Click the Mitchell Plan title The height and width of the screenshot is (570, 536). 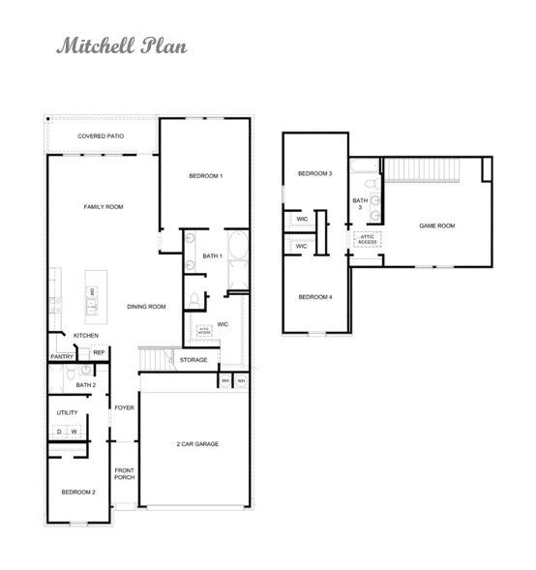[x=120, y=45]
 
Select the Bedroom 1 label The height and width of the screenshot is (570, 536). [x=206, y=175]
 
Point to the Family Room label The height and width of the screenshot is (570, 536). [x=104, y=206]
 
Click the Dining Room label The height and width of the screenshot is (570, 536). [x=147, y=307]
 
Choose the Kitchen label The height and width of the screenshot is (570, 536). [x=86, y=335]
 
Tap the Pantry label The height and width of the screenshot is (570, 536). [x=62, y=356]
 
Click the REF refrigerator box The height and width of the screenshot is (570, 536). [x=98, y=353]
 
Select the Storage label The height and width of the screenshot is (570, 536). [x=194, y=360]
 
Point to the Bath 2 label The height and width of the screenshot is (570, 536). [x=86, y=384]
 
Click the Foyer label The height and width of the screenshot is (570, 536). [x=124, y=407]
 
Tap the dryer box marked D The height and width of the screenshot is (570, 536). [x=60, y=431]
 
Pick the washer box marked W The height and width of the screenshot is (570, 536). [x=74, y=431]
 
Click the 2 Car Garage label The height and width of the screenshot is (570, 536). [x=197, y=443]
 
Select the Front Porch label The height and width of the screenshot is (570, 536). [x=124, y=473]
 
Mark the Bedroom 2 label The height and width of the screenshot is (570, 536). [x=79, y=492]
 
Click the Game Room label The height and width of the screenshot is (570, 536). [x=435, y=225]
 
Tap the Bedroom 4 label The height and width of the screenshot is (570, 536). [x=314, y=296]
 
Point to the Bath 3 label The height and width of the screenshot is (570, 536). [x=360, y=203]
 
